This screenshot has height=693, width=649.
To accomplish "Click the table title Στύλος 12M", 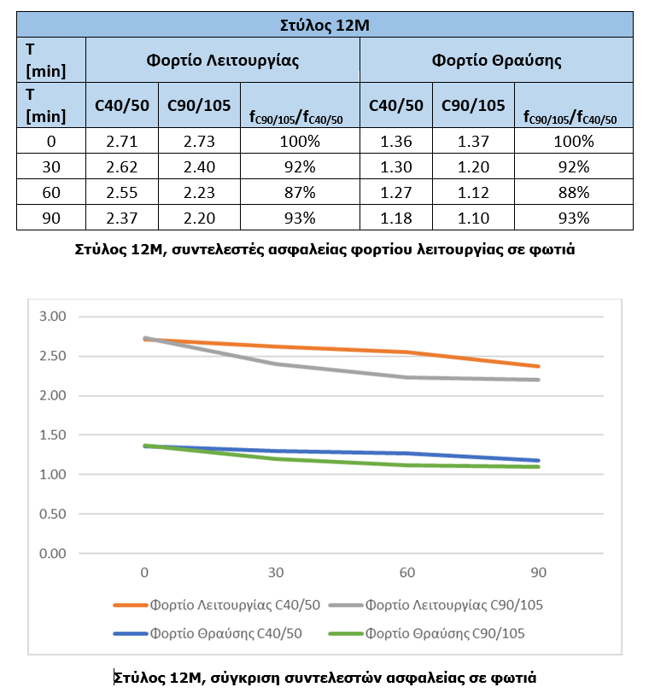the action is click(324, 25).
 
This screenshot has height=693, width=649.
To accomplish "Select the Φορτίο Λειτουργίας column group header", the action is click(222, 60).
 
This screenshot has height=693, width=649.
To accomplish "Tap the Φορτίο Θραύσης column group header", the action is click(496, 60).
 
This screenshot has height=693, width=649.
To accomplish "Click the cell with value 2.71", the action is click(121, 142).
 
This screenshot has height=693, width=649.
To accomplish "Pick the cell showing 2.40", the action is click(199, 167).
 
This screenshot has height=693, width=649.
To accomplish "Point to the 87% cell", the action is click(300, 193).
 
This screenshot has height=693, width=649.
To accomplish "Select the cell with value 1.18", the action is click(396, 218).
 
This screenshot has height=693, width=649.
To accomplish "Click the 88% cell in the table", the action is click(574, 193).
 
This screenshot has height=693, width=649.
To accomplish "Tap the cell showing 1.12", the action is click(473, 193).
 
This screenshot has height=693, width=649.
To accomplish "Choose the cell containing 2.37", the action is click(121, 218).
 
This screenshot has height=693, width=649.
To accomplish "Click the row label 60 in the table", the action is click(51, 193).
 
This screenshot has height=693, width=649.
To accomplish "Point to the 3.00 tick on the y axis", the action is click(53, 317).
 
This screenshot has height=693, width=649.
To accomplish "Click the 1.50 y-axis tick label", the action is click(53, 435).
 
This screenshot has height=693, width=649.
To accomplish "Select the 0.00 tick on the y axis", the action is click(53, 553).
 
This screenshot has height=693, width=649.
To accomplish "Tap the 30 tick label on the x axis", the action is click(276, 573).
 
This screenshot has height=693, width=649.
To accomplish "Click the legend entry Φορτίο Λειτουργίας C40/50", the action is click(217, 604).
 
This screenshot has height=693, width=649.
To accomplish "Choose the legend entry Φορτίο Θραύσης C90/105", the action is click(427, 633).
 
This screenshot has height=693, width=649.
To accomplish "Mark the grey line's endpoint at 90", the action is click(538, 380).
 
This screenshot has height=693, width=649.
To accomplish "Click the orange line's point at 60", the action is click(406, 352).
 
